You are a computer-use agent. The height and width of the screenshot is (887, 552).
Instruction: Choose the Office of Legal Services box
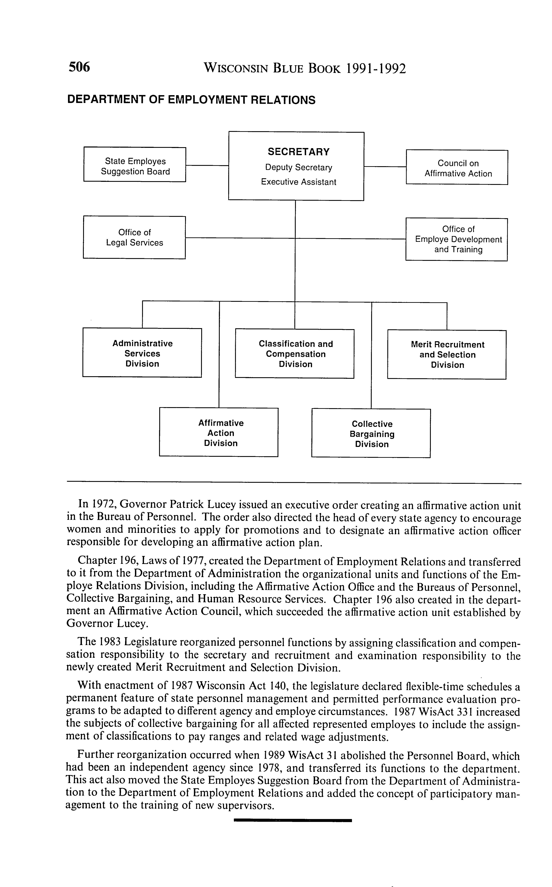[134, 238]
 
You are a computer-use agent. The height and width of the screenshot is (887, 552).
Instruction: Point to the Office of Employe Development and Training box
[457, 239]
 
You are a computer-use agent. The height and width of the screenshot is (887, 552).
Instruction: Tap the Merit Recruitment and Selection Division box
[447, 355]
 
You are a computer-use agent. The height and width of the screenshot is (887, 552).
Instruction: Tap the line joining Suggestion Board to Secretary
[207, 165]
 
